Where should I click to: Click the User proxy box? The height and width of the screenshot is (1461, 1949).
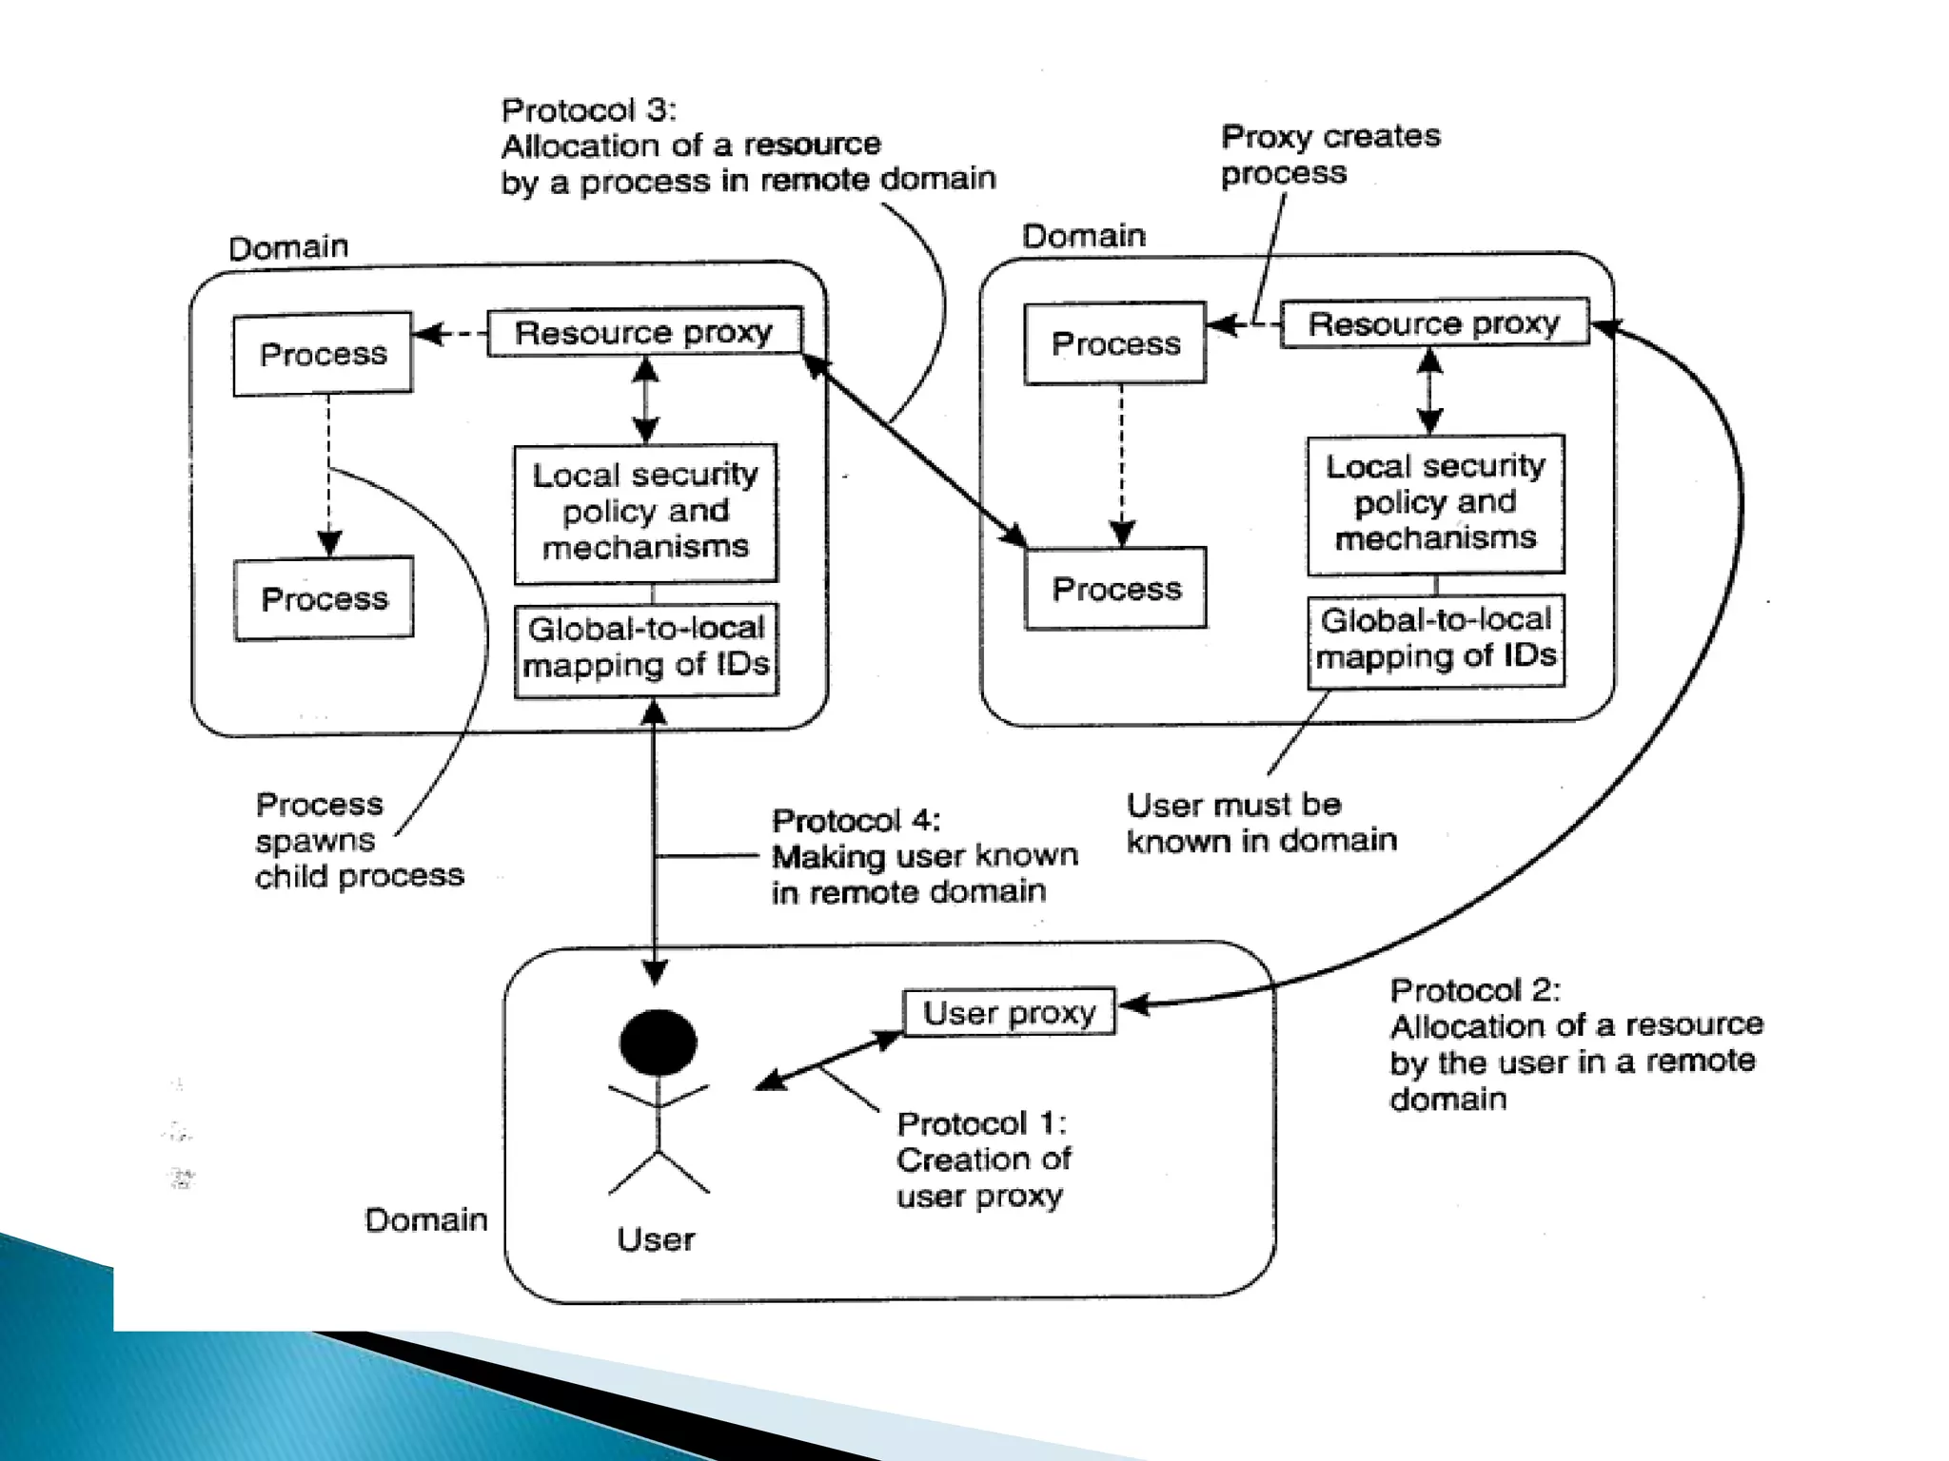tap(1009, 1012)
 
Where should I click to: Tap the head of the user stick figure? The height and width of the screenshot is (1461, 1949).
tap(658, 1042)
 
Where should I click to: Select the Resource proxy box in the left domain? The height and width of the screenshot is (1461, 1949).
tap(644, 332)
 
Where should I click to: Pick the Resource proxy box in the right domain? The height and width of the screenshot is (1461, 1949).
tap(1434, 323)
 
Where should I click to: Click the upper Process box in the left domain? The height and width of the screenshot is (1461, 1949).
tap(323, 354)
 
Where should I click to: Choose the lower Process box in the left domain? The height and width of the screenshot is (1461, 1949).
tap(324, 598)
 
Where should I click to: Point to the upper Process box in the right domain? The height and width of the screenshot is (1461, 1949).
tap(1115, 343)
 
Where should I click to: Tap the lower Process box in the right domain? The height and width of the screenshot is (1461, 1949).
tap(1116, 589)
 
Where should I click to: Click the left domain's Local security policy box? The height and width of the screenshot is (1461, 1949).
tap(645, 512)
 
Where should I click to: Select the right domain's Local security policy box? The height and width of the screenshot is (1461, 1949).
tap(1435, 503)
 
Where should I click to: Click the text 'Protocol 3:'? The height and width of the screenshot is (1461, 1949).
tap(589, 110)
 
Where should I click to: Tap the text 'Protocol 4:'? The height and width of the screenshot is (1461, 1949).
tap(856, 820)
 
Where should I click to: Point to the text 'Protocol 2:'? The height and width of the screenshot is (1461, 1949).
tap(1475, 990)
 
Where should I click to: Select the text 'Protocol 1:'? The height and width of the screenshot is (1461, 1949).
tap(981, 1123)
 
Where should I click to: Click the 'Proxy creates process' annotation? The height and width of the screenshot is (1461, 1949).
tap(1329, 154)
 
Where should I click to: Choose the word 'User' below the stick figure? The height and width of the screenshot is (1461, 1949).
tap(656, 1239)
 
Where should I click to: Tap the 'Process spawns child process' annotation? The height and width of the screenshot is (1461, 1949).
tap(359, 840)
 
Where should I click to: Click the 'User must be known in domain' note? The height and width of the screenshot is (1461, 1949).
tap(1261, 823)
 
